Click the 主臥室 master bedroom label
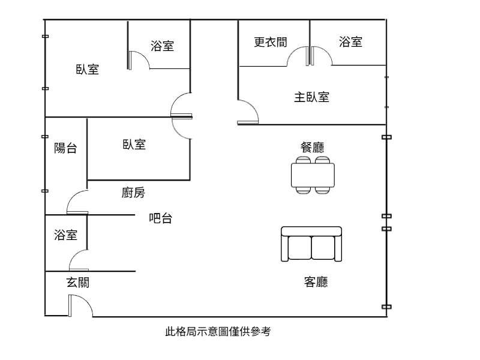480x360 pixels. click(x=311, y=97)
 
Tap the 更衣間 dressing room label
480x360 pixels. click(x=271, y=42)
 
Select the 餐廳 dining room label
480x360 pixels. click(x=312, y=147)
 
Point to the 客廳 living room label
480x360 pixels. click(x=316, y=281)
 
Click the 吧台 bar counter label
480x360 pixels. click(x=160, y=218)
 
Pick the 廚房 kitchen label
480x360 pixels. click(x=133, y=193)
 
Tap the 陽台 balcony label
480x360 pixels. click(x=65, y=148)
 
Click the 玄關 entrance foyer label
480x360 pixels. click(x=78, y=282)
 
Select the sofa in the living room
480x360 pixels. click(x=311, y=244)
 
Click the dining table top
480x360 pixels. click(x=313, y=175)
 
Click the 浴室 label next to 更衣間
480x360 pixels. click(x=350, y=41)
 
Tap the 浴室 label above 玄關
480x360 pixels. click(x=65, y=235)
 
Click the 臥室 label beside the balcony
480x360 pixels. click(x=134, y=144)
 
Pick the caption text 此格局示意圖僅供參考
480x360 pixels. click(x=218, y=331)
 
